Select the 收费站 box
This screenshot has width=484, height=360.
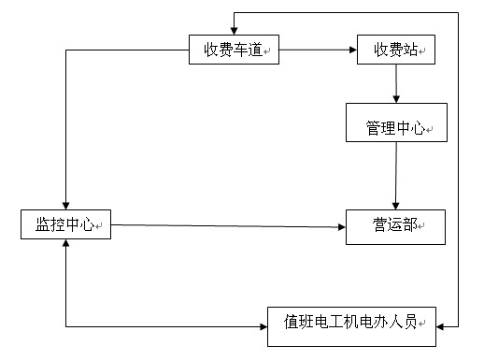[x=396, y=50]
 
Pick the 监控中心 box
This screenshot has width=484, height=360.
[x=65, y=225]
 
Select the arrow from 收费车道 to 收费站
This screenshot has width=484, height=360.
[x=319, y=50]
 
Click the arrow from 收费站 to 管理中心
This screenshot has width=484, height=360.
[x=397, y=84]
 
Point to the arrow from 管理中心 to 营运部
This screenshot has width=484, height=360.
[x=395, y=174]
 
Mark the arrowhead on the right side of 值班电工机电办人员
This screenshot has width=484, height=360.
[x=440, y=324]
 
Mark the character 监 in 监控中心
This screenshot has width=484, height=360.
[x=43, y=225]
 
